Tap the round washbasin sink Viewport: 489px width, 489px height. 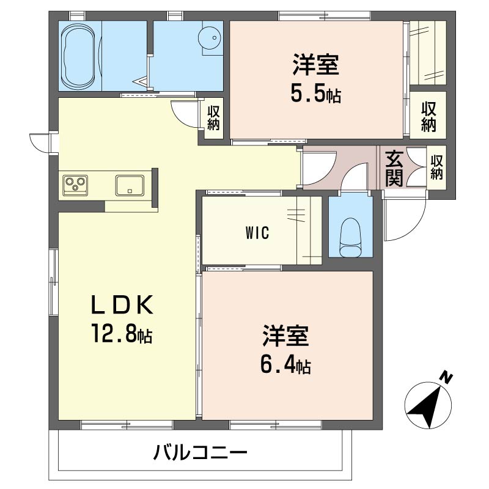(210, 38)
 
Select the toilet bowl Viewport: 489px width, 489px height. (351, 238)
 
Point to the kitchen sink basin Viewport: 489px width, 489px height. (130, 185)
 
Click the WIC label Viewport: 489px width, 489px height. (257, 233)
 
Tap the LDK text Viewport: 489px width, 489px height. (122, 304)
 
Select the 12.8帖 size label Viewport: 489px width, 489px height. (122, 333)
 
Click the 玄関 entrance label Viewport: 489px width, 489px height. (394, 169)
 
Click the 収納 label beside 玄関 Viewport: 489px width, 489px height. (436, 167)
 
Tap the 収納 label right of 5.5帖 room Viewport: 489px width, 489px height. (428, 117)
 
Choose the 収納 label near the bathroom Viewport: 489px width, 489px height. (213, 118)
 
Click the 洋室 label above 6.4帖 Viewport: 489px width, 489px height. (285, 336)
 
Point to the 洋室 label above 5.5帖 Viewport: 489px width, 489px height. (315, 64)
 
